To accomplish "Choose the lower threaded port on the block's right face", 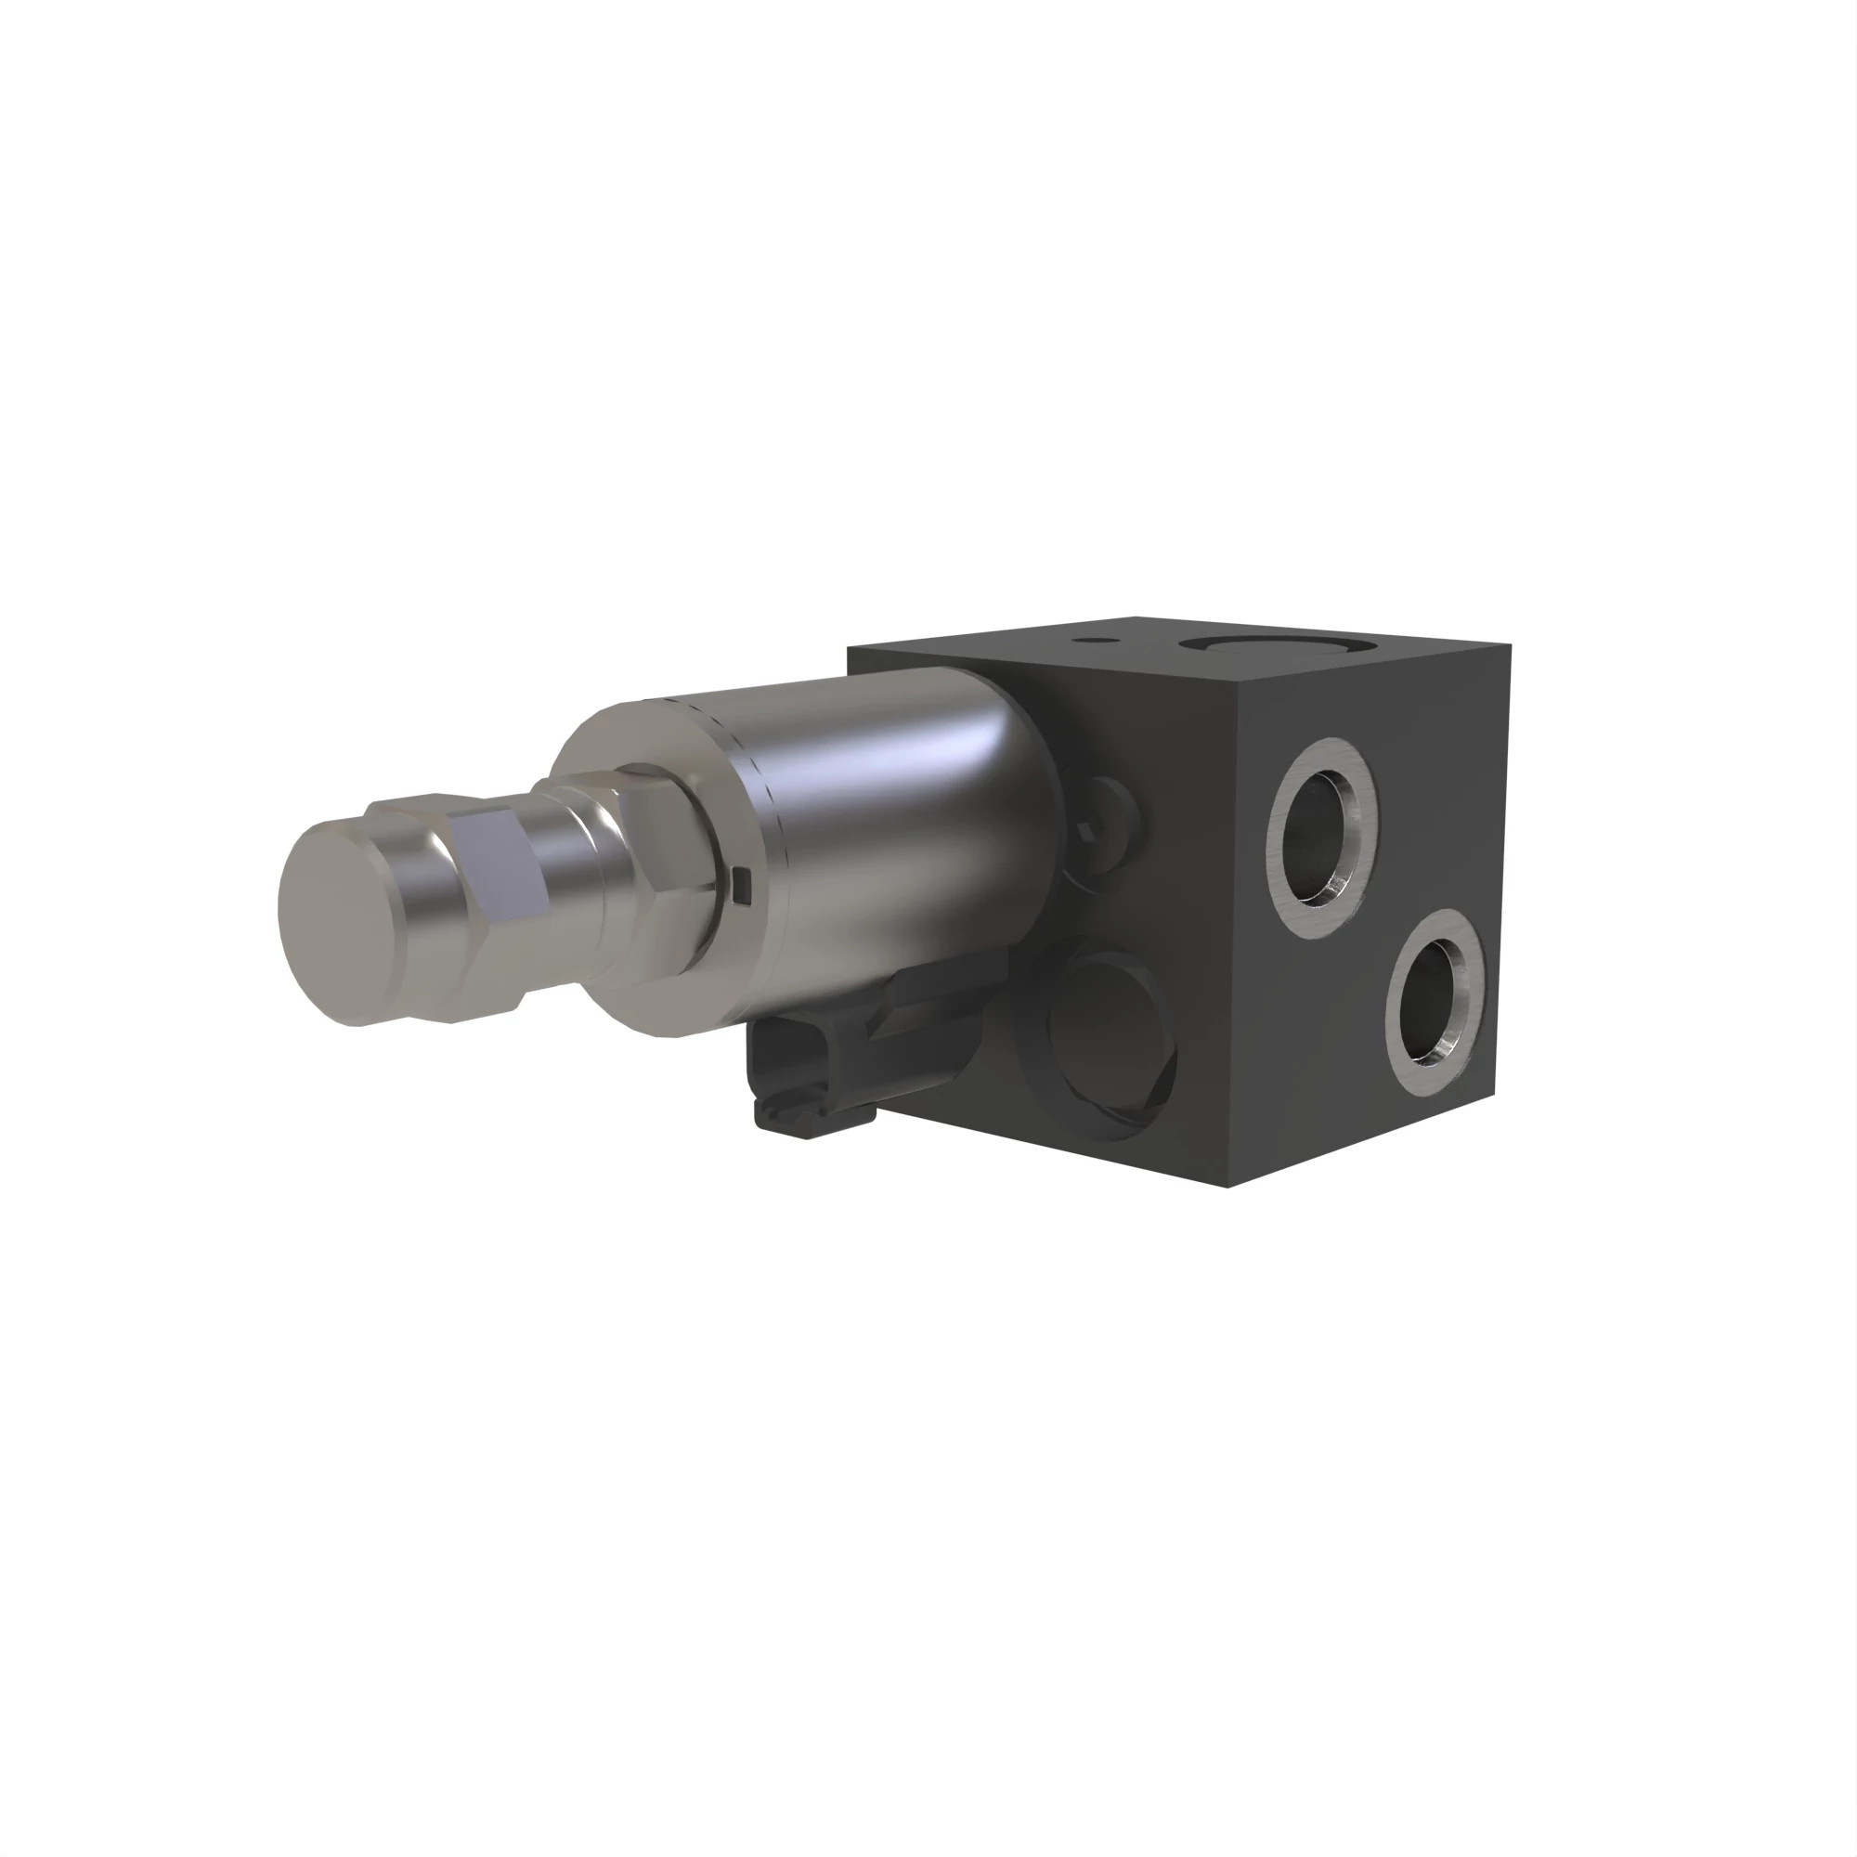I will click(1436, 1002).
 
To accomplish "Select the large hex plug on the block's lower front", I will click(1105, 1038).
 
